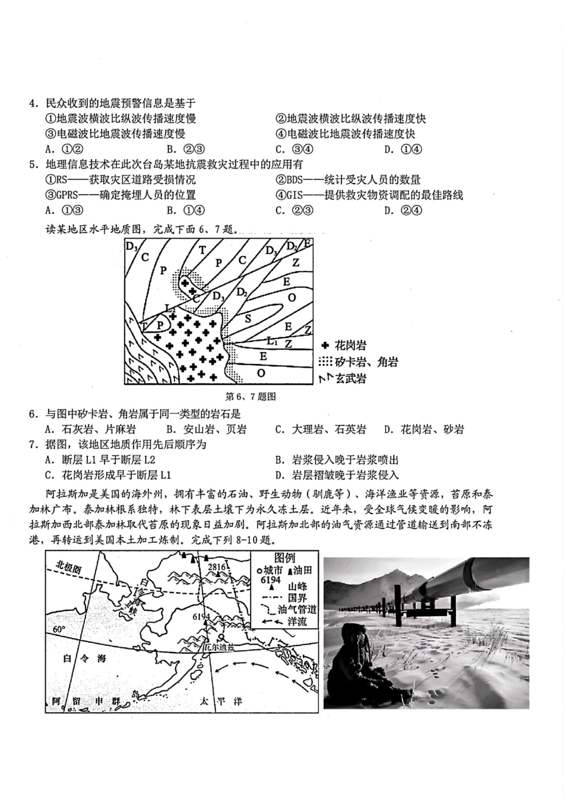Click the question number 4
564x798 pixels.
click(34, 103)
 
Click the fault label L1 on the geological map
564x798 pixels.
click(271, 341)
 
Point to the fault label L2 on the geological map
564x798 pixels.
click(170, 309)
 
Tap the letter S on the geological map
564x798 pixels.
click(248, 318)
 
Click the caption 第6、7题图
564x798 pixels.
click(251, 397)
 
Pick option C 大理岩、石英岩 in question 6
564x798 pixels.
click(321, 429)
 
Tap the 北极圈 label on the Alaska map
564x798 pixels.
click(68, 566)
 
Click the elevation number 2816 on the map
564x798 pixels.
click(217, 567)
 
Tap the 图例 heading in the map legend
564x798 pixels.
click(284, 558)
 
